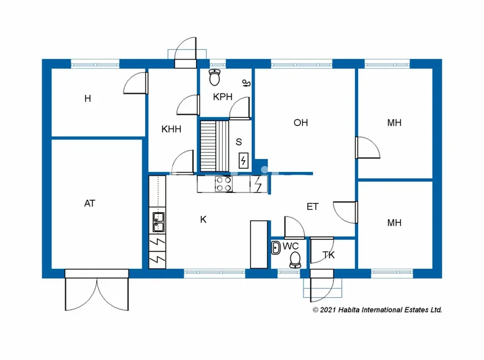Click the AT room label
coord(89,203)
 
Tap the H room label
coord(87,98)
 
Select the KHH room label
coord(171,129)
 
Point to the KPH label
coord(222,97)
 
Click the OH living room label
coord(300,123)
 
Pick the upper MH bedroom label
coord(394,123)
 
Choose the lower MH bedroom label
coord(394,223)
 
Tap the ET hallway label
coord(312,207)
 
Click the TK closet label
coord(329,254)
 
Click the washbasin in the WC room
coord(276,248)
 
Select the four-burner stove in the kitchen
coord(223,184)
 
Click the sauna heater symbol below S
coord(243,161)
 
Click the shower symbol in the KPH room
coord(246,83)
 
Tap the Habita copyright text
coord(377,309)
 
